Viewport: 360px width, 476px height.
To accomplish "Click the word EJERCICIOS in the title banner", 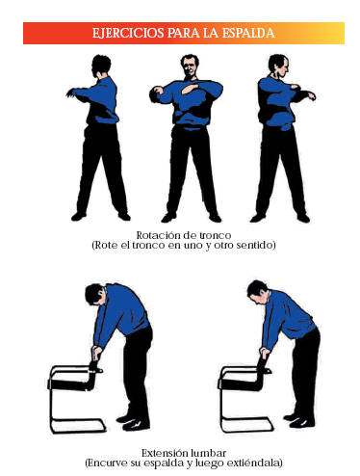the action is [x=128, y=33].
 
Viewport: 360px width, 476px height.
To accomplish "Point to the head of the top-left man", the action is [x=101, y=66].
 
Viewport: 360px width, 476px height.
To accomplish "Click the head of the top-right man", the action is [x=278, y=66].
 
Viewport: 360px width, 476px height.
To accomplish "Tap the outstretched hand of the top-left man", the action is [x=70, y=93].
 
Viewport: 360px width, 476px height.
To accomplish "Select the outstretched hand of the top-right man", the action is [x=311, y=95].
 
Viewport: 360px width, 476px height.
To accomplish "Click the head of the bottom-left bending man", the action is [x=95, y=294].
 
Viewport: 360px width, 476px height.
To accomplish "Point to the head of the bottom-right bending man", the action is [x=257, y=291].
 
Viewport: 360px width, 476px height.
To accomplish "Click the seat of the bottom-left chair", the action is [x=69, y=383].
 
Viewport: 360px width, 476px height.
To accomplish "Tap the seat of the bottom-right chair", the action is [x=239, y=383].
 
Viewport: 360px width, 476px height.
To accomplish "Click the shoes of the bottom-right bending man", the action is [x=298, y=420].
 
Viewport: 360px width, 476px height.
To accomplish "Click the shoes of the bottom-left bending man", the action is [x=133, y=422].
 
